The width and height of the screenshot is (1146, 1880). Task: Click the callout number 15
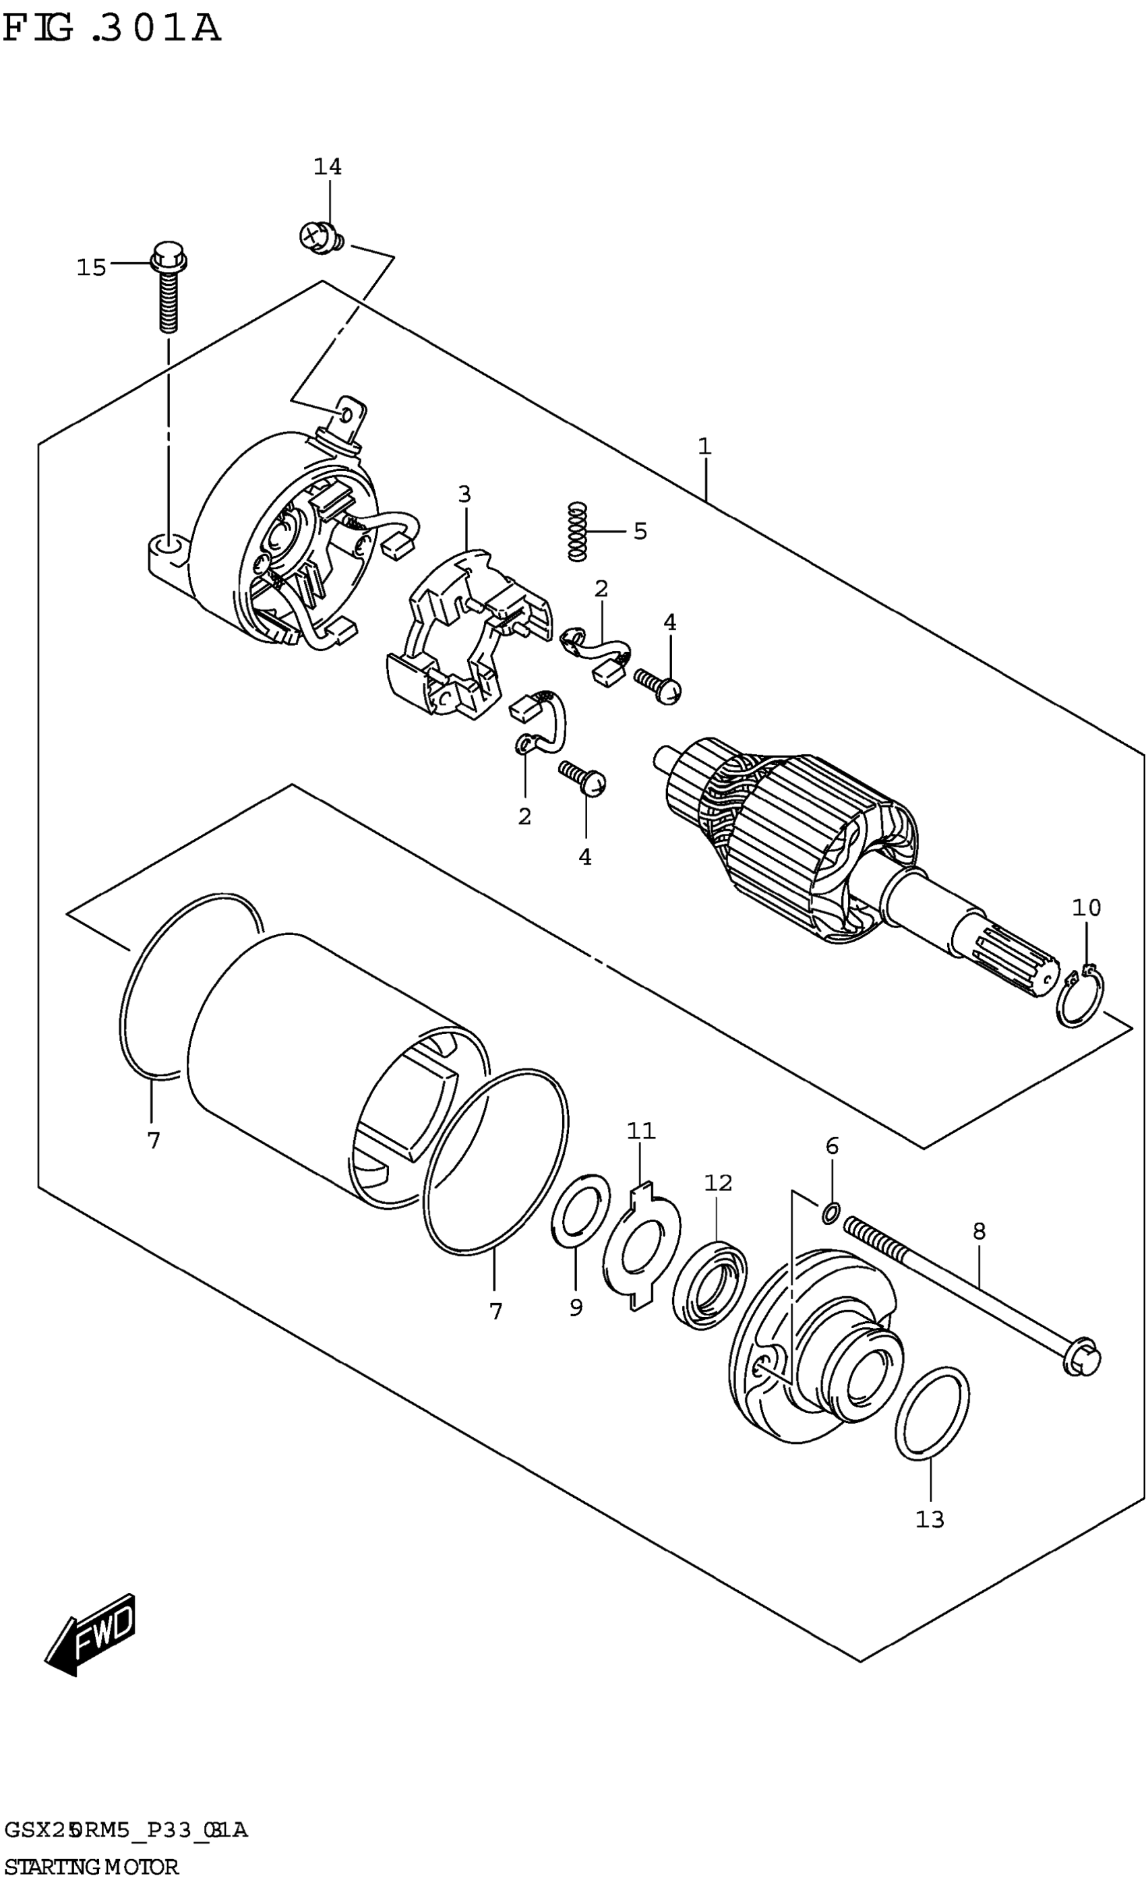click(91, 267)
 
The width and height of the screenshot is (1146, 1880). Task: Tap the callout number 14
click(328, 166)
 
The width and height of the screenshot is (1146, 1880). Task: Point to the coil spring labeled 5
click(578, 531)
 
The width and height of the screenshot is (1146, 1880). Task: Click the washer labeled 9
click(580, 1210)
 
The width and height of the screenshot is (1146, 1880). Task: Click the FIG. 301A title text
click(111, 29)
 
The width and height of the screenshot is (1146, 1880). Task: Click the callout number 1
click(704, 446)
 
